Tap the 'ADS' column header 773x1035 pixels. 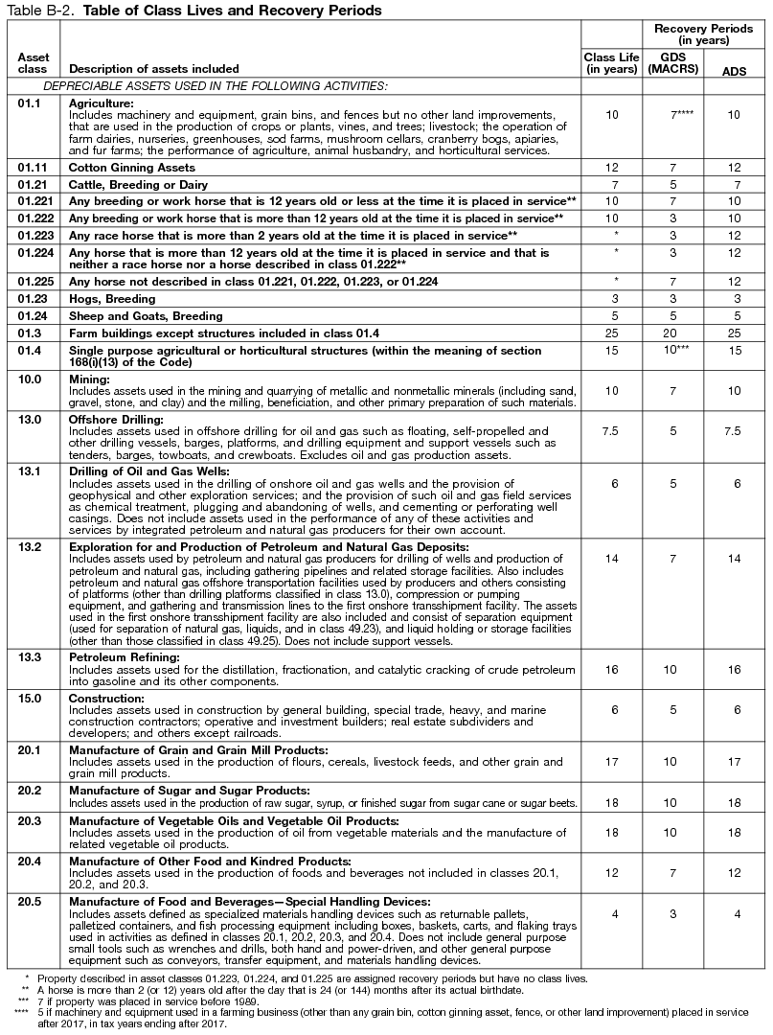pos(734,70)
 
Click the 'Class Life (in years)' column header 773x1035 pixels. pos(611,63)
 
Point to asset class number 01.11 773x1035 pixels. pos(33,167)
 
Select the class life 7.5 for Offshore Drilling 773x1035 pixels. pos(611,431)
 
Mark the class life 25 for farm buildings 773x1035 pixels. pos(611,332)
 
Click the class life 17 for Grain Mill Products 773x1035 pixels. pos(611,762)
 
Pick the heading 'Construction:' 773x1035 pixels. pos(106,699)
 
